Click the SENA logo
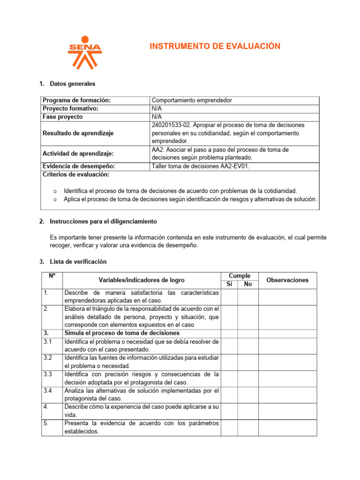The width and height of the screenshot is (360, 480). click(84, 52)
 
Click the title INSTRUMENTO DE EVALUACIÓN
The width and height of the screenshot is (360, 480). click(215, 46)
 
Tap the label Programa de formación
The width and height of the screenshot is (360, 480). click(77, 100)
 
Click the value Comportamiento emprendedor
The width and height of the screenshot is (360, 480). click(192, 100)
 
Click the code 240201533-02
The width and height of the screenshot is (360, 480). click(171, 125)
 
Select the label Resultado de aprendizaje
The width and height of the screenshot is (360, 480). click(78, 133)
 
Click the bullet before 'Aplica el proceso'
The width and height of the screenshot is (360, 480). click(55, 200)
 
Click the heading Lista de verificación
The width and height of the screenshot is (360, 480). click(78, 262)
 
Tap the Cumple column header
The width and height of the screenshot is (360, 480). click(239, 276)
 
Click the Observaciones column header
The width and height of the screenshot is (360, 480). click(287, 280)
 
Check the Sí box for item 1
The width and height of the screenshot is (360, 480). click(229, 296)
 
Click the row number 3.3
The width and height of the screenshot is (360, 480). click(47, 374)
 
